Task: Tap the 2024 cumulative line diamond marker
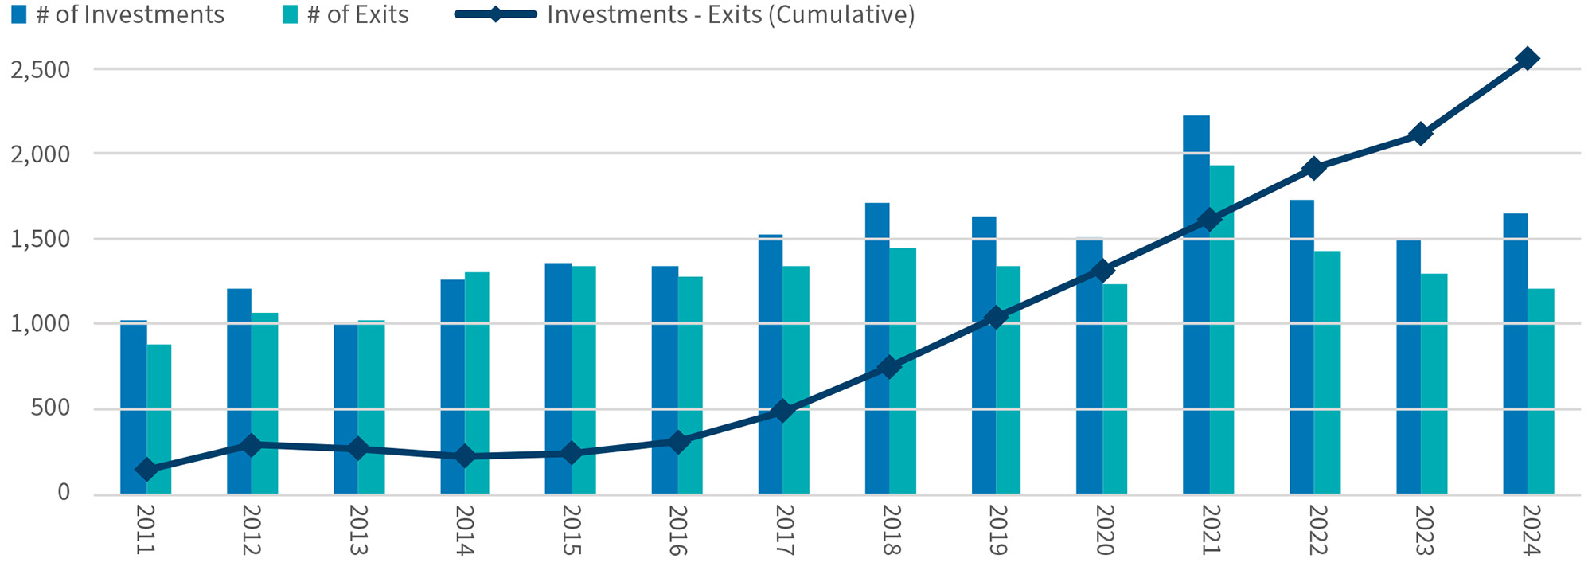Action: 1528,58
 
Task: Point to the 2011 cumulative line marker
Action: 146,470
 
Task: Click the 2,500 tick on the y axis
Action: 41,69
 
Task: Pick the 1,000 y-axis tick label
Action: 41,324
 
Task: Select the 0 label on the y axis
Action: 64,494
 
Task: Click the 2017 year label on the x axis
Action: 783,529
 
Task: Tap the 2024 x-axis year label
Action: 1529,529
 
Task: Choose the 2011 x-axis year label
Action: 145,529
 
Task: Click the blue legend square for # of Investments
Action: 18,15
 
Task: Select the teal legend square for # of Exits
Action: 290,15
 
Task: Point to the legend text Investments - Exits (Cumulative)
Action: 730,15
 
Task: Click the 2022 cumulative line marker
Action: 1314,168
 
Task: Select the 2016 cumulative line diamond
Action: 677,441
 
